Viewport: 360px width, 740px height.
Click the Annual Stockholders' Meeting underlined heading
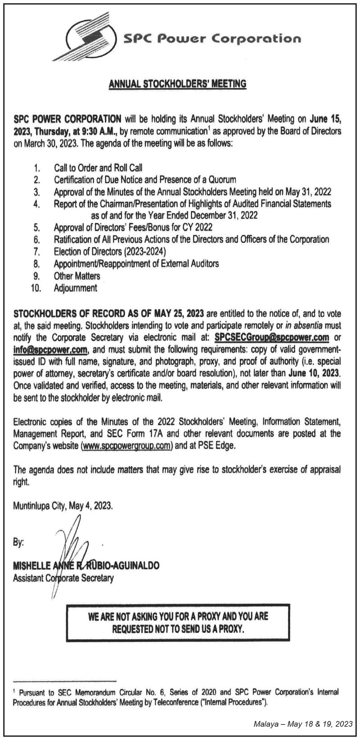pos(178,83)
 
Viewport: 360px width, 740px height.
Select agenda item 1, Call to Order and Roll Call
pos(98,168)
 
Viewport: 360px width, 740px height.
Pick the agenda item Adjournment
pos(75,287)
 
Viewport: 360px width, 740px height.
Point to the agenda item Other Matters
pos(77,276)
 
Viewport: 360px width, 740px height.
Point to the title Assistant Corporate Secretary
pos(63,578)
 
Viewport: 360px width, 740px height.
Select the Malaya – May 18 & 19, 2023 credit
pos(303,724)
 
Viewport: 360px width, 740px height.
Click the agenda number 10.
pos(36,288)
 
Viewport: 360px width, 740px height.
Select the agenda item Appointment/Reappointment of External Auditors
pos(136,263)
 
